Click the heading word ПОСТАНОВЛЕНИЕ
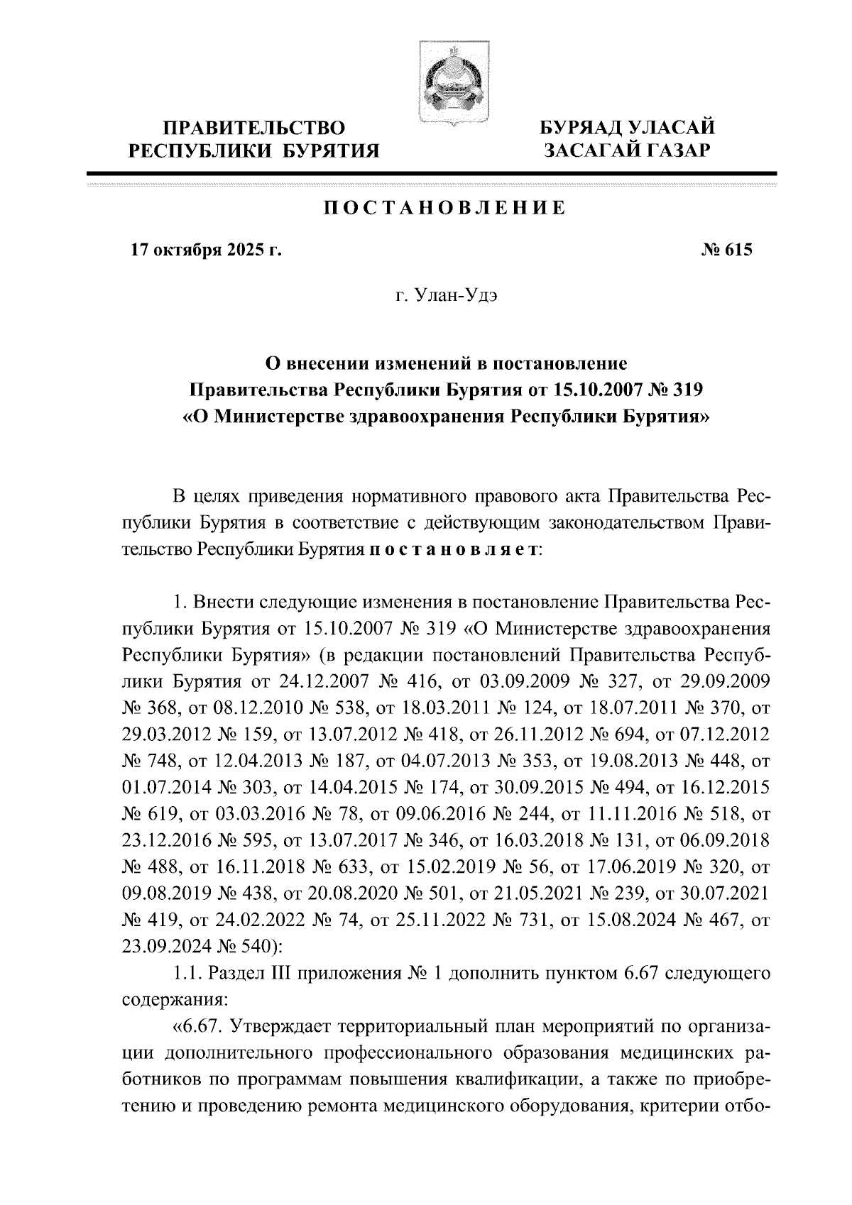445,208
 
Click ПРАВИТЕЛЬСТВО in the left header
254,128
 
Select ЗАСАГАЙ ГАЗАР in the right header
626,150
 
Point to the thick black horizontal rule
432,172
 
